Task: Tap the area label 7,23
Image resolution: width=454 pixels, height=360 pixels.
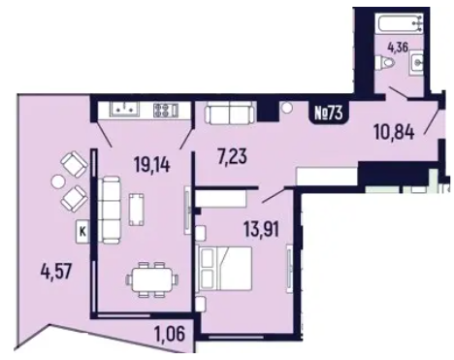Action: tap(232, 157)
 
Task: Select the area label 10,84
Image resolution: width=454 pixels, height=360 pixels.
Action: tap(395, 132)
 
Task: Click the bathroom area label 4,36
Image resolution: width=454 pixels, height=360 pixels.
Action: tap(399, 49)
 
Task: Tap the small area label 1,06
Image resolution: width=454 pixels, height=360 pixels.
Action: tap(170, 334)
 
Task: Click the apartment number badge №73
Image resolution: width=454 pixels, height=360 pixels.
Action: tap(329, 114)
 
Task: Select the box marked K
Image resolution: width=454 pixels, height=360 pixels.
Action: tap(82, 231)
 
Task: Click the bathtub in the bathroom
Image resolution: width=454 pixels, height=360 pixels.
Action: tap(401, 20)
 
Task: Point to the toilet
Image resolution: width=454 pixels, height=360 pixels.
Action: tap(386, 63)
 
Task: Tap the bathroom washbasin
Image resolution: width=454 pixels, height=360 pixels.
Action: tap(416, 62)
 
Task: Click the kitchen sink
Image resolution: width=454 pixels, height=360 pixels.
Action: tap(125, 109)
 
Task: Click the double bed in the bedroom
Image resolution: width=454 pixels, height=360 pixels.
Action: tap(224, 269)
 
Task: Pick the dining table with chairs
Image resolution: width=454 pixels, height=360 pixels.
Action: tap(152, 279)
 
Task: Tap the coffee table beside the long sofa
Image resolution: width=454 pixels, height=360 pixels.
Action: tap(137, 209)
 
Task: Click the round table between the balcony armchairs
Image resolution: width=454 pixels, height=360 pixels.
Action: tap(58, 181)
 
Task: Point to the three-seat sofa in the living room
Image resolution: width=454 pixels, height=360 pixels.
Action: tap(111, 211)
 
